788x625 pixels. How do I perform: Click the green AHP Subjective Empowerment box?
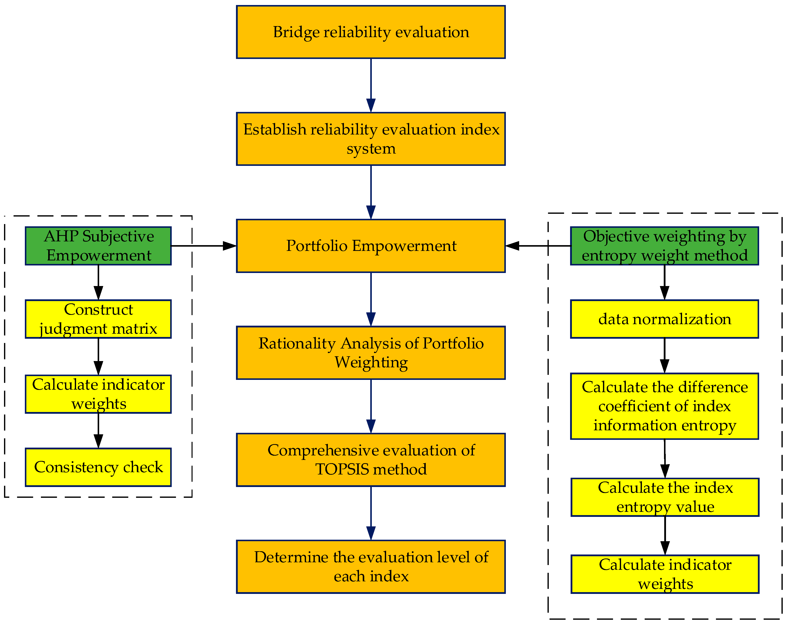[x=98, y=246]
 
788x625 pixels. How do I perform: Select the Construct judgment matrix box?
[x=98, y=319]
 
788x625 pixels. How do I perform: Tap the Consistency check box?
[x=98, y=467]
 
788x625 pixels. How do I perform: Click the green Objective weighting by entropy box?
[x=664, y=246]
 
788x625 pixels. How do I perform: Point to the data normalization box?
[x=664, y=319]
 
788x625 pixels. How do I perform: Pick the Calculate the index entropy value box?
[x=665, y=497]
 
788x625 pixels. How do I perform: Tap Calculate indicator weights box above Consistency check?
[x=98, y=394]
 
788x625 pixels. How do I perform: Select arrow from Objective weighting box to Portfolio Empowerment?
[x=537, y=246]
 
